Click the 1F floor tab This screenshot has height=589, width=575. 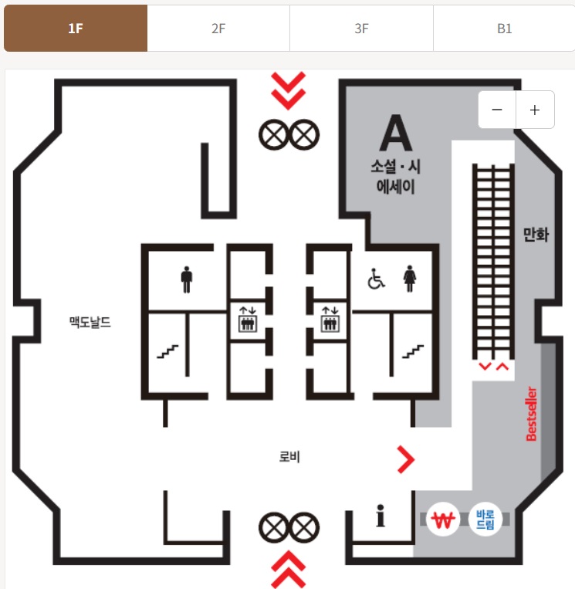[x=75, y=29]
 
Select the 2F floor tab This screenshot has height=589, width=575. [x=218, y=29]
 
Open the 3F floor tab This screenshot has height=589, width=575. [x=361, y=29]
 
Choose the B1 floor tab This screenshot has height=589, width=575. [x=504, y=29]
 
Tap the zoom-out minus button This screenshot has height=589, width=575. [x=497, y=110]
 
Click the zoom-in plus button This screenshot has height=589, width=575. [x=535, y=110]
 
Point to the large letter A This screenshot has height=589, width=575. [x=395, y=134]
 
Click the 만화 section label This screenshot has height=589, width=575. [x=536, y=235]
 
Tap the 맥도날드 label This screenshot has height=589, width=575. [x=90, y=322]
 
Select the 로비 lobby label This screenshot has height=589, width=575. [x=289, y=457]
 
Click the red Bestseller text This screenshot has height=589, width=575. [x=531, y=414]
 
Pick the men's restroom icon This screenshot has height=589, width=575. [x=186, y=279]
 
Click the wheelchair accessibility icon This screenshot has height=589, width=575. [x=376, y=279]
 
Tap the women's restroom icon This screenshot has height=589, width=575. [x=409, y=279]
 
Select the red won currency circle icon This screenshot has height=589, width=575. [x=443, y=520]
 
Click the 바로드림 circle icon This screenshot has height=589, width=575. [x=485, y=520]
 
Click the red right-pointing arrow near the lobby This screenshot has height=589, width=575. [x=405, y=459]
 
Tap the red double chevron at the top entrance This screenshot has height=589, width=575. [x=289, y=90]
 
